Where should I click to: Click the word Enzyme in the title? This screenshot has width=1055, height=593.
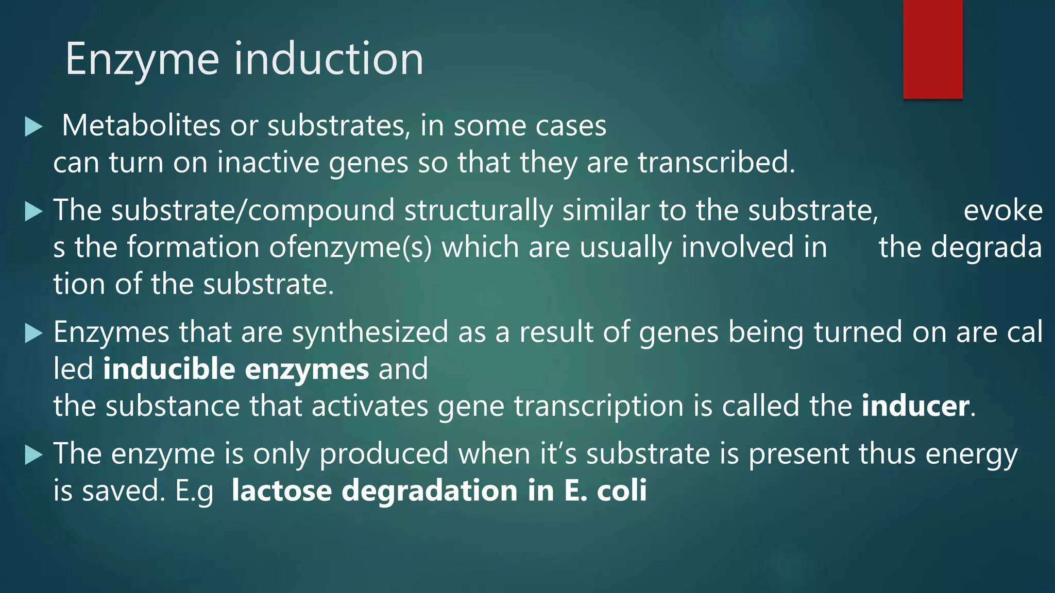point(142,60)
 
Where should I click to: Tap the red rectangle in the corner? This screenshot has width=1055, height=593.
point(932,49)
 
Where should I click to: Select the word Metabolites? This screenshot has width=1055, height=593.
point(141,126)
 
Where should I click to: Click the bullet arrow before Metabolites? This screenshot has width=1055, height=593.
point(33,127)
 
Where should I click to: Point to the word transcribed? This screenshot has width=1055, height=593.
point(716,163)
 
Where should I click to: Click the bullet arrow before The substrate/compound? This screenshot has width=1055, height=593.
point(33,211)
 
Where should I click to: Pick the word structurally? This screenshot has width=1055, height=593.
point(479,211)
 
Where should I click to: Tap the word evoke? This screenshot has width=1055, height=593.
point(1002,211)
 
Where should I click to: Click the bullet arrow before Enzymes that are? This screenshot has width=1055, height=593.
point(33,333)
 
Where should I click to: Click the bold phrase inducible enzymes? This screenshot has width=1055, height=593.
point(236,369)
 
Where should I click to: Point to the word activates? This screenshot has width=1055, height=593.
point(369,406)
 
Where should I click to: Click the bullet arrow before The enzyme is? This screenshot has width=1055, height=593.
point(33,455)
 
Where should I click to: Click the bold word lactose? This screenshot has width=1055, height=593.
point(281,491)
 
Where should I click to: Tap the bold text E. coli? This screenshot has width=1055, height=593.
point(605,491)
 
